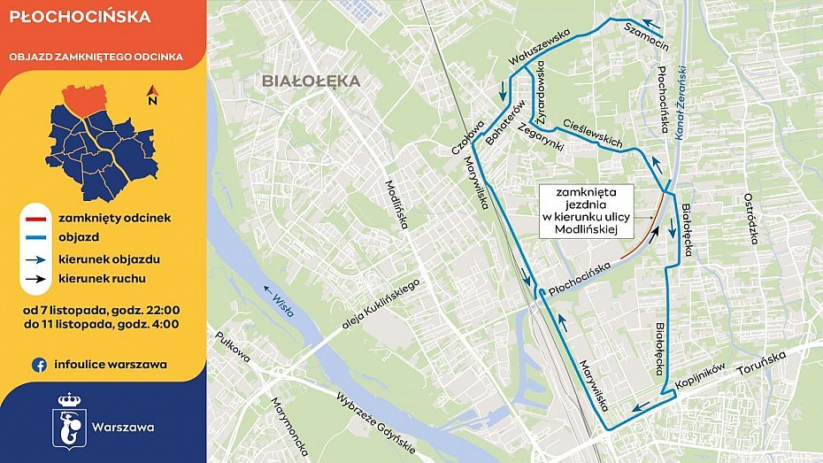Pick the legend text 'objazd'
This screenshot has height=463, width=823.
[x=80, y=238]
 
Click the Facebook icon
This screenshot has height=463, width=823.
[x=39, y=364]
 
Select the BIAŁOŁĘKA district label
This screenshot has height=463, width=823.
[x=311, y=81]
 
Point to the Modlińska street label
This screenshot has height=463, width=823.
[x=395, y=204]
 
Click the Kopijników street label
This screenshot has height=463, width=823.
[x=701, y=375]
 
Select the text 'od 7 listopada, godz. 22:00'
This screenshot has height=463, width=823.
[x=103, y=310]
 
